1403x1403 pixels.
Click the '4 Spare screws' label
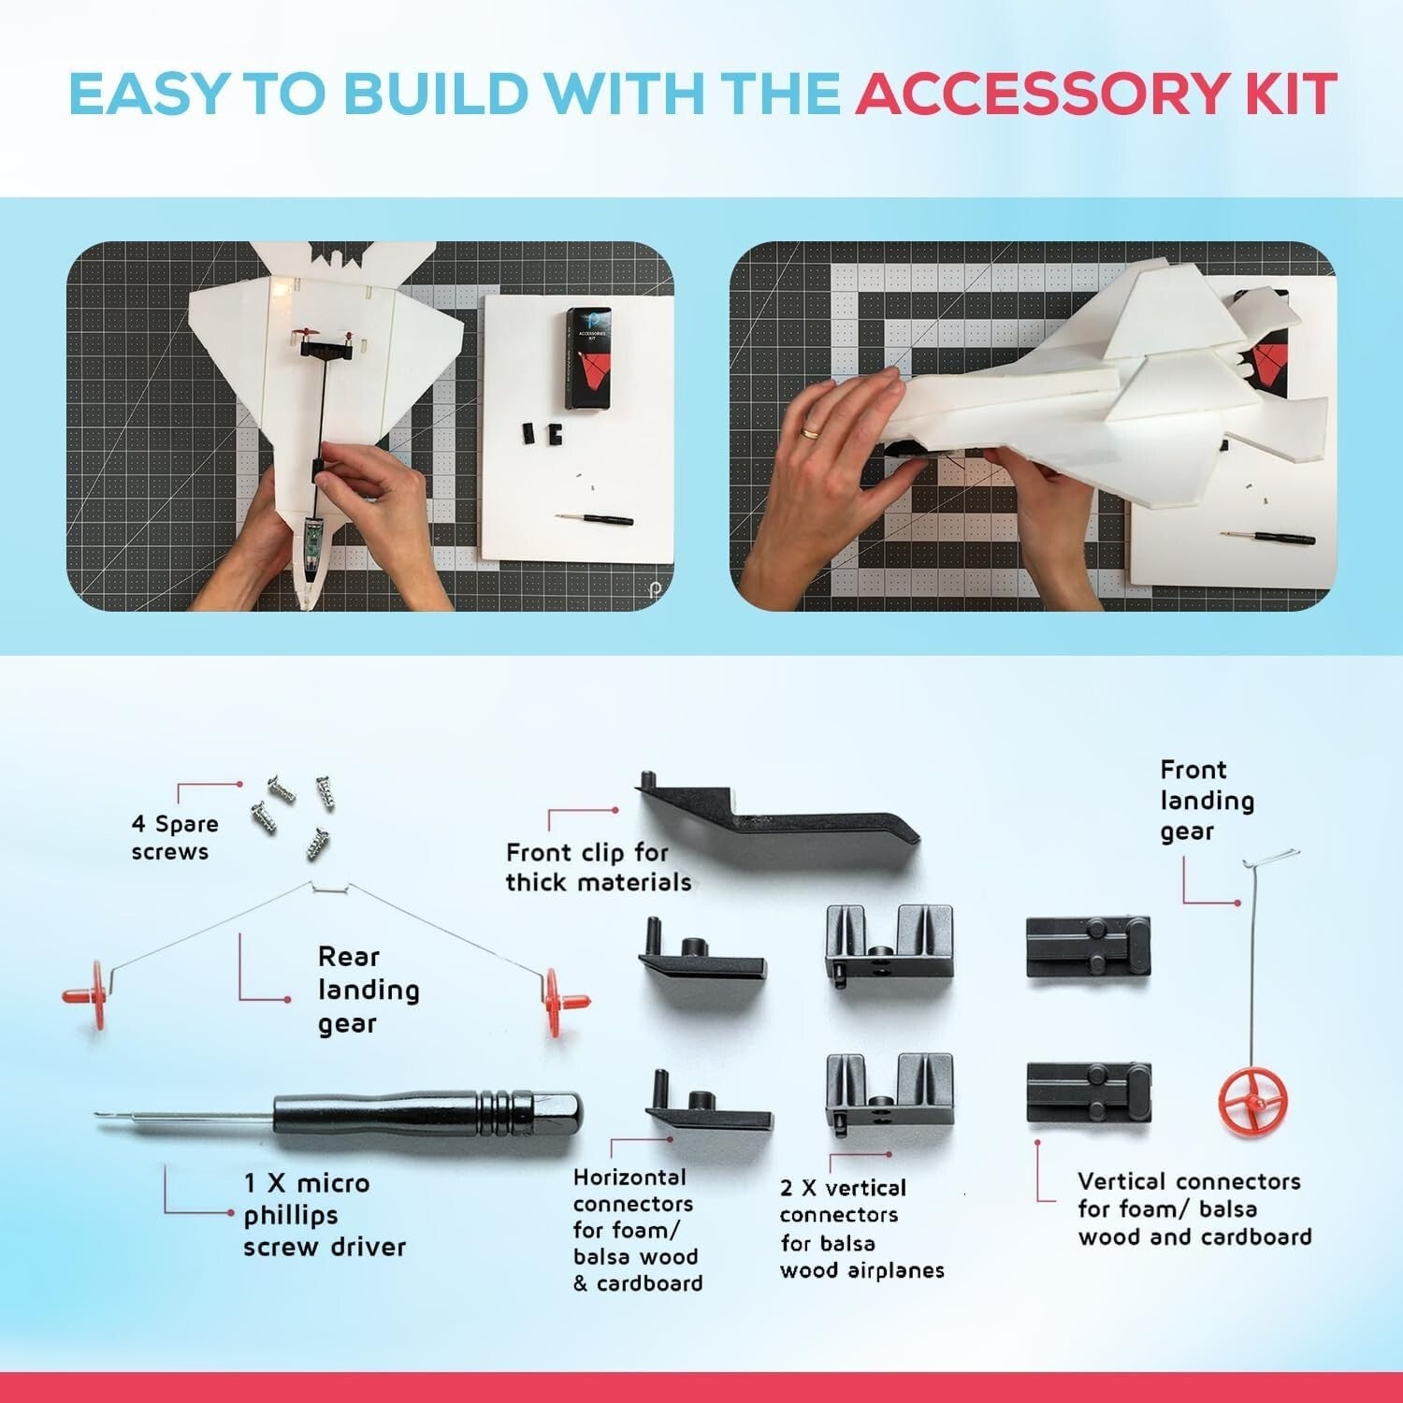[175, 837]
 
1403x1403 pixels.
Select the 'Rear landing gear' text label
[368, 990]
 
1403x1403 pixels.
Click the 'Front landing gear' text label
[1207, 801]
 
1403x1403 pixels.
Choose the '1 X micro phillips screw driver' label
[325, 1215]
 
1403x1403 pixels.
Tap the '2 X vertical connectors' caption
[861, 1228]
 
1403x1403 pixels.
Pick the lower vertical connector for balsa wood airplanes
[889, 1092]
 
